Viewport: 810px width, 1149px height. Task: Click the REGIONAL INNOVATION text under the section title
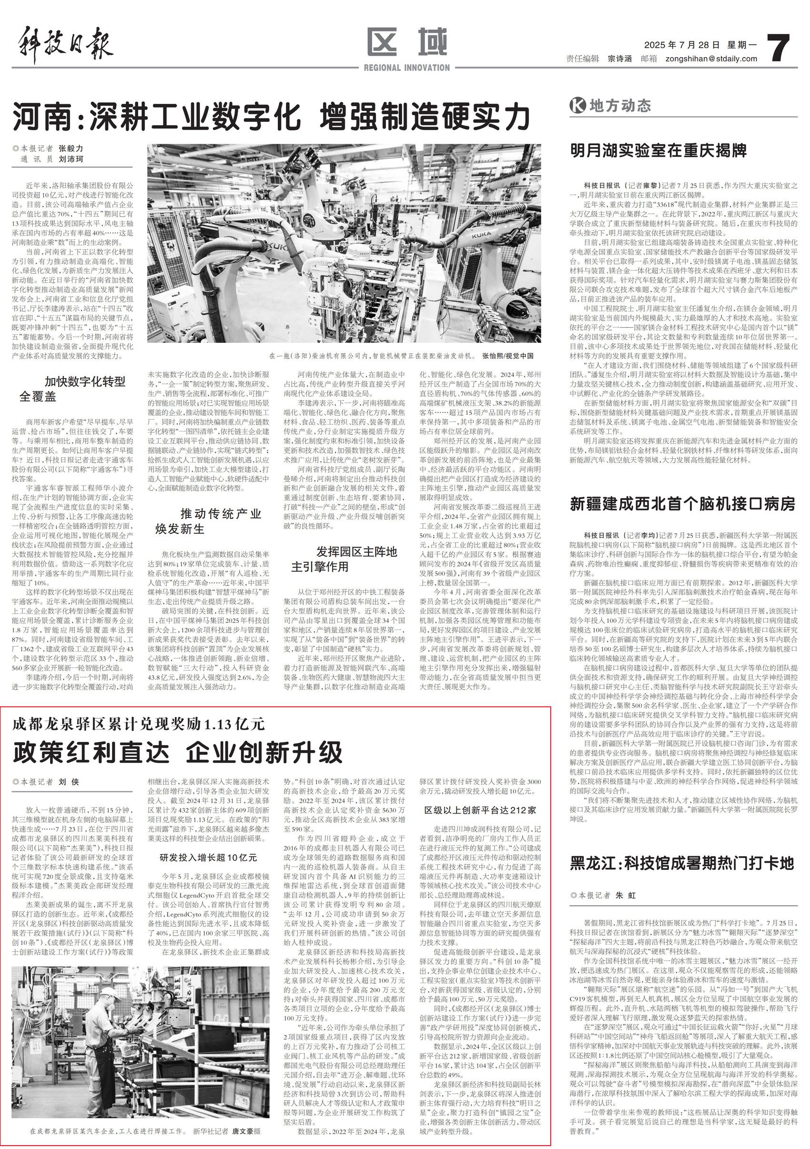point(406,68)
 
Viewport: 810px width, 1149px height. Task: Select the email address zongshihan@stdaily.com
point(711,59)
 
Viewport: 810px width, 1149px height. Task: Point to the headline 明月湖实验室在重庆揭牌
point(658,150)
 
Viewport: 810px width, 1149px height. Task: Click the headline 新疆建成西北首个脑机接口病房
point(682,504)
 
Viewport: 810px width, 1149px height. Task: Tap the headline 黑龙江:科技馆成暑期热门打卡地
point(682,863)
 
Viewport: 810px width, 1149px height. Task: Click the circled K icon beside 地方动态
point(577,106)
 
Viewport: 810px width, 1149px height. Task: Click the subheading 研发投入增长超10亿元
point(208,858)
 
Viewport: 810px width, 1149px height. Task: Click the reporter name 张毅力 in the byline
point(71,149)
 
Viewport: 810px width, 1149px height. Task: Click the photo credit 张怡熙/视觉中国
point(507,356)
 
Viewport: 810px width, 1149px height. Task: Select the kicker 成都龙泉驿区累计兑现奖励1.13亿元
point(139,724)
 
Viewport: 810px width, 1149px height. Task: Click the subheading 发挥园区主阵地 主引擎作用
point(344,559)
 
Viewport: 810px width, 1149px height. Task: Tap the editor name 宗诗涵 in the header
point(620,59)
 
